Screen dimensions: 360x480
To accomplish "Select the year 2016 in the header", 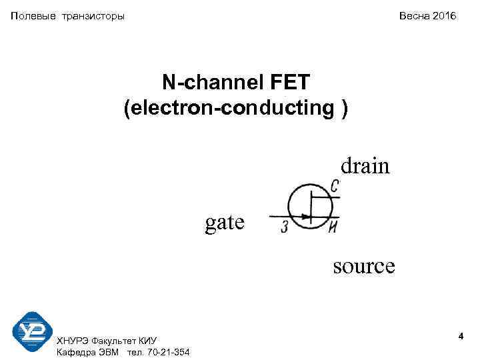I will coord(445,15).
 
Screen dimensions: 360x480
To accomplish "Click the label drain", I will coord(365,165).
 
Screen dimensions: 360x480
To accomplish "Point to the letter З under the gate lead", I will coord(285,228).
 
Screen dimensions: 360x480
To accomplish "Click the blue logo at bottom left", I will coord(32,331).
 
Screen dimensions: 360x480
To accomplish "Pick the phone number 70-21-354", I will coord(167,352).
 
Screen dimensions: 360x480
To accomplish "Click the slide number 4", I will coord(461,339).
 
